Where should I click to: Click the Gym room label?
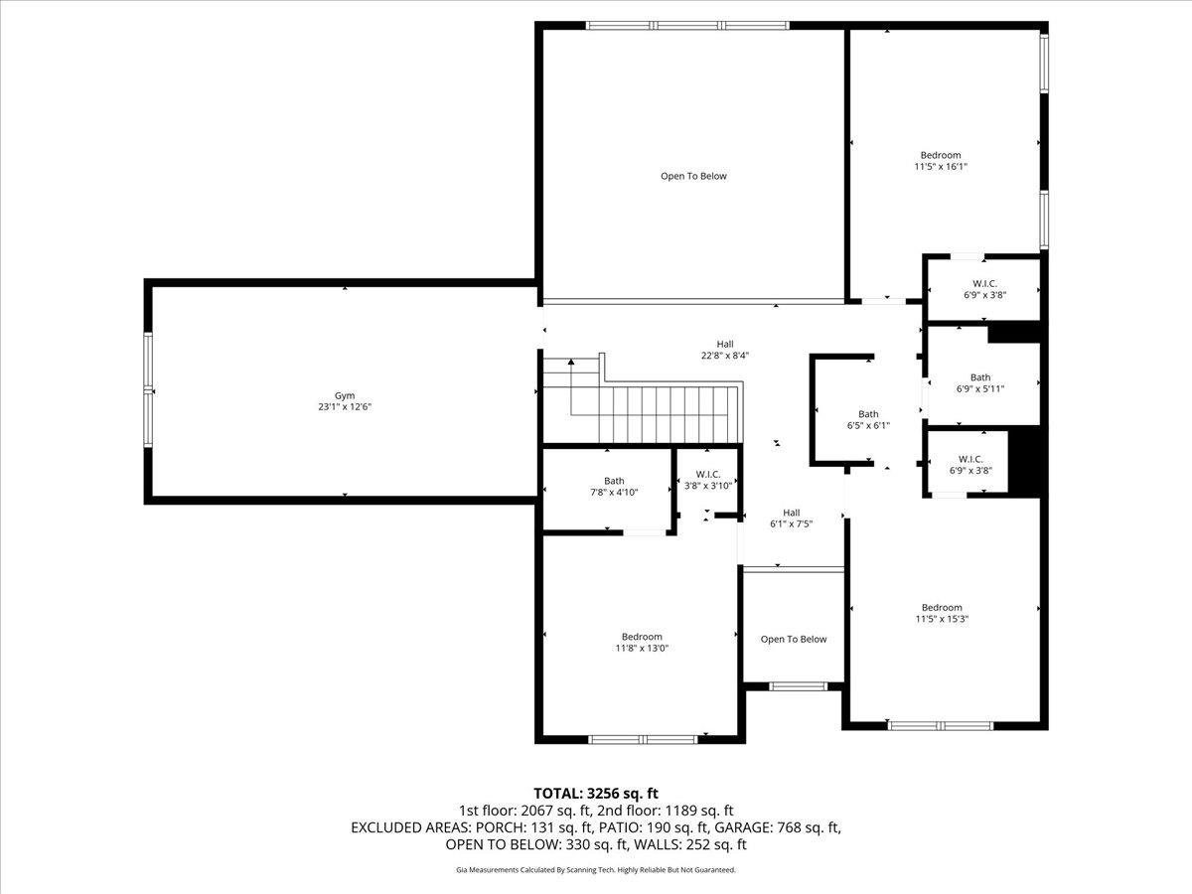pyautogui.click(x=345, y=394)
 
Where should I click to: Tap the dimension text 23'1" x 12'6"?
pyautogui.click(x=345, y=406)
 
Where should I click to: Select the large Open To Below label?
pyautogui.click(x=693, y=176)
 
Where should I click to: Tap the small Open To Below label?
pyautogui.click(x=794, y=639)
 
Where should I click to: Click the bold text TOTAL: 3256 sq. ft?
pyautogui.click(x=596, y=793)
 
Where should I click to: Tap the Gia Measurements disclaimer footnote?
pyautogui.click(x=596, y=870)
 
